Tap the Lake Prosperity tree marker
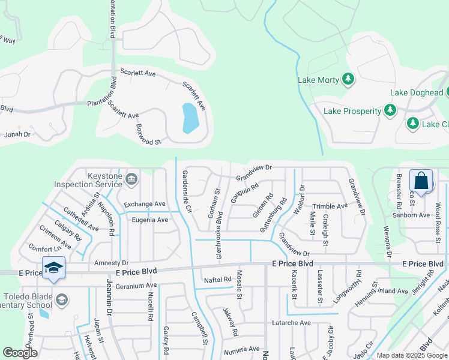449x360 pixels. click(391, 110)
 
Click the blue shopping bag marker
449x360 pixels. click(421, 181)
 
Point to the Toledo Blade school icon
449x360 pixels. click(61, 299)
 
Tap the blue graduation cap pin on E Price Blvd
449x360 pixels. click(53, 267)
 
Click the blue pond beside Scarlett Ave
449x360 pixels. click(189, 118)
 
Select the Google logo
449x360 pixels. click(20, 353)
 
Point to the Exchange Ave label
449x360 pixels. click(145, 205)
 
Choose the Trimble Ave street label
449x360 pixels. click(330, 206)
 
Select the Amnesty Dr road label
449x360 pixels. click(112, 263)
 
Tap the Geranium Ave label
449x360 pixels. click(136, 286)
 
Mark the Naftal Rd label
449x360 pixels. click(217, 280)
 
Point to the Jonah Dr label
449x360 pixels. click(17, 134)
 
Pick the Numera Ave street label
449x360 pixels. click(241, 349)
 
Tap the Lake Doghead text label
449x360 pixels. click(417, 92)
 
